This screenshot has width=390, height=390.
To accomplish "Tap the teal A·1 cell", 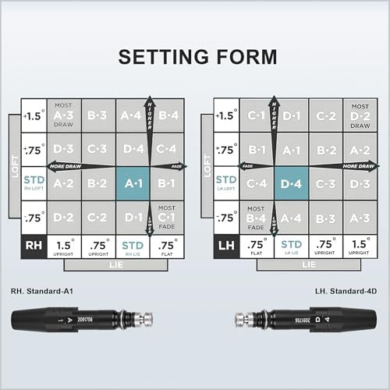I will tap(133, 183).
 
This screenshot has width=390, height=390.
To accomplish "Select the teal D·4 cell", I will tap(292, 183).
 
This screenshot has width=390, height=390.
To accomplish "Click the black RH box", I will tap(34, 246).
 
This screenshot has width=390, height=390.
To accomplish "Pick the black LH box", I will tap(226, 246).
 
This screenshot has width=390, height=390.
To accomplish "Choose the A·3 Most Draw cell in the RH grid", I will tap(64, 115).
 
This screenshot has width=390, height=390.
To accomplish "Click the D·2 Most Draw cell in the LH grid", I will tap(360, 115).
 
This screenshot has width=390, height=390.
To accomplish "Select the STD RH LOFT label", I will tap(34, 183).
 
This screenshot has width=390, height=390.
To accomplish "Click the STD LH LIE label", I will tap(292, 246).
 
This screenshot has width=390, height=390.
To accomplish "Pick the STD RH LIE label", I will tap(133, 246).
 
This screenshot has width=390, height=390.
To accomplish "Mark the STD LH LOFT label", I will tap(226, 183).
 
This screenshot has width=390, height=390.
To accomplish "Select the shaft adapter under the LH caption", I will tap(306, 320).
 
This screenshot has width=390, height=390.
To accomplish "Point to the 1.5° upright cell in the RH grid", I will tap(64, 246).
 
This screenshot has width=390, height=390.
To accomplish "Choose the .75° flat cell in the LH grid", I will tap(257, 246).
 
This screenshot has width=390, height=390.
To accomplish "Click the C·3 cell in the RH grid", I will tap(98, 148).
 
